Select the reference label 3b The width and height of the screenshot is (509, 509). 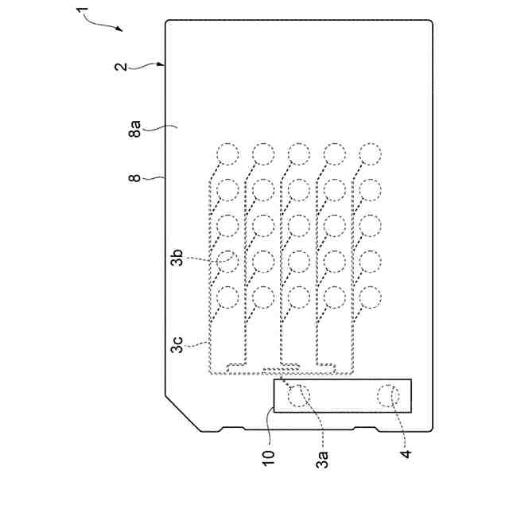click(178, 258)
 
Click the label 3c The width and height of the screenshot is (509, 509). click(177, 347)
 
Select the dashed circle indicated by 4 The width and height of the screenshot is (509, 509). click(388, 395)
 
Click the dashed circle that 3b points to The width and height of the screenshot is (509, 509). click(227, 261)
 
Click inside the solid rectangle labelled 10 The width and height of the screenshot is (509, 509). click(343, 395)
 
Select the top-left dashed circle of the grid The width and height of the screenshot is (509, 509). click(227, 153)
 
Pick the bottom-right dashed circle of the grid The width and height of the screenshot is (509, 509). click(370, 297)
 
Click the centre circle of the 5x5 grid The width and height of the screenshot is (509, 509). click(298, 225)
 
